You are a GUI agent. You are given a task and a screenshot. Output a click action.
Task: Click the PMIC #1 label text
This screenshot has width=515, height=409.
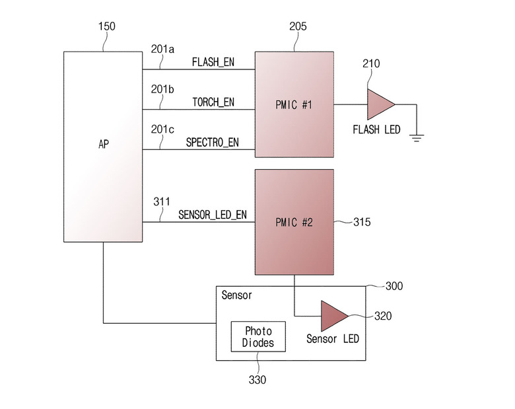294,105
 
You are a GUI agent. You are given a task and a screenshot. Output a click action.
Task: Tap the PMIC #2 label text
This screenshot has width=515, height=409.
294,223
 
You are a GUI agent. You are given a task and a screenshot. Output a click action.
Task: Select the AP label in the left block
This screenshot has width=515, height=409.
104,144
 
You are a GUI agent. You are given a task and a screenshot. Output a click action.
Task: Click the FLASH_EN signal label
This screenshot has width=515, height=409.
213,62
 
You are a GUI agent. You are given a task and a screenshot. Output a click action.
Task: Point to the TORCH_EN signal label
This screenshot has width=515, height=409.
213,102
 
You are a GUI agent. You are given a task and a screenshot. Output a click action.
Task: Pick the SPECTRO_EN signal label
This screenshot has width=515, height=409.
212,142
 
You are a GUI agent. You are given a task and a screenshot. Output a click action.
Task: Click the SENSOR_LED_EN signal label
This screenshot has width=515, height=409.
213,215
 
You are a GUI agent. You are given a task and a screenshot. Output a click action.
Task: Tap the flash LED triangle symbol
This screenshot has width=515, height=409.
380,104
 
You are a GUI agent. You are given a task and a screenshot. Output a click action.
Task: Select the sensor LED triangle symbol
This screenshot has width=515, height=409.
333,316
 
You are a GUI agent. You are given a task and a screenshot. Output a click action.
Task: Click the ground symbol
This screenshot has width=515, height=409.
417,138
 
